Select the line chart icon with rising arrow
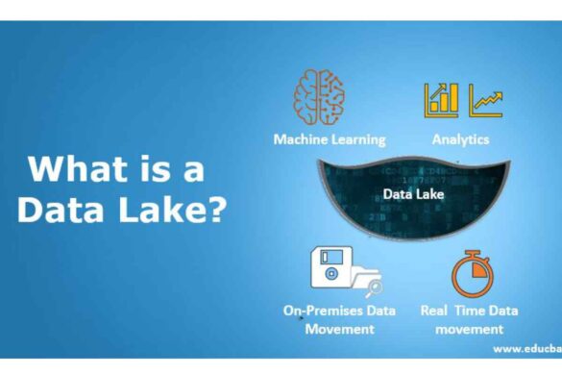(485, 99)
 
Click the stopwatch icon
(472, 274)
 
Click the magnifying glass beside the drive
(374, 286)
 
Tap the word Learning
(358, 139)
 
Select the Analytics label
(460, 139)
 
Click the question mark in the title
(217, 210)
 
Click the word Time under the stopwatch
(478, 311)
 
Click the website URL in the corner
(526, 350)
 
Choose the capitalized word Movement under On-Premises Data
(339, 329)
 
